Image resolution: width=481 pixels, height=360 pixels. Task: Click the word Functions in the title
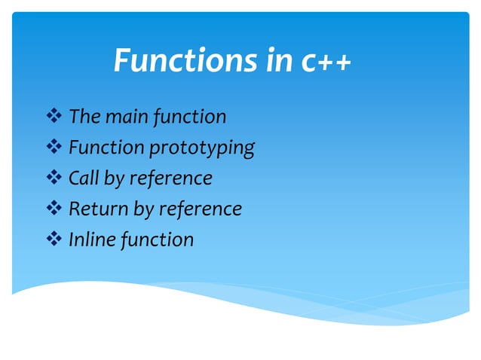coord(185,61)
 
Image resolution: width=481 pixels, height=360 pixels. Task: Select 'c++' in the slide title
coord(326,61)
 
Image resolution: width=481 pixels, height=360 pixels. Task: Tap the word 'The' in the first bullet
coord(84,117)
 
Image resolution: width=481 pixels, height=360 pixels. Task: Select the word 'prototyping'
coord(201,148)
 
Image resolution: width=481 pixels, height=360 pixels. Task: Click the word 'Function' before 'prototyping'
coord(106,148)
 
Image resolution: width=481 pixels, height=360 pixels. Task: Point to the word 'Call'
coord(84,178)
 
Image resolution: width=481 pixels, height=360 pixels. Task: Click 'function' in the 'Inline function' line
coord(159,239)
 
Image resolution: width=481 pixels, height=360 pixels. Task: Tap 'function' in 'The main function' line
coord(189,117)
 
